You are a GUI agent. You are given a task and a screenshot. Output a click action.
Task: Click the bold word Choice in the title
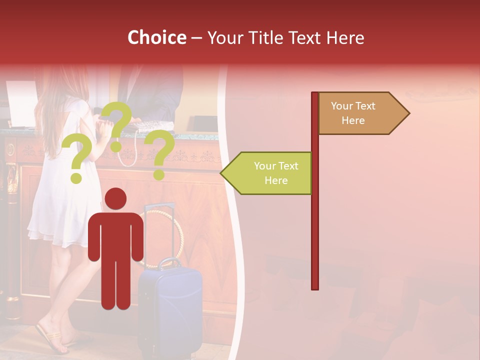click(156, 38)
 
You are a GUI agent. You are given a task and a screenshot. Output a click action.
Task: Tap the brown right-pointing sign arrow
click(363, 113)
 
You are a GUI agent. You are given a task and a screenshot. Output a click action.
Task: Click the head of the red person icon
click(115, 198)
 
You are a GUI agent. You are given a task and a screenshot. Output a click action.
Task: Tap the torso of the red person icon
click(115, 235)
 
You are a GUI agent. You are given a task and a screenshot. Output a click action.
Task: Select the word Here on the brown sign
click(353, 120)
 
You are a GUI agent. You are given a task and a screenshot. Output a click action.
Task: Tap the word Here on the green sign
click(276, 180)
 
